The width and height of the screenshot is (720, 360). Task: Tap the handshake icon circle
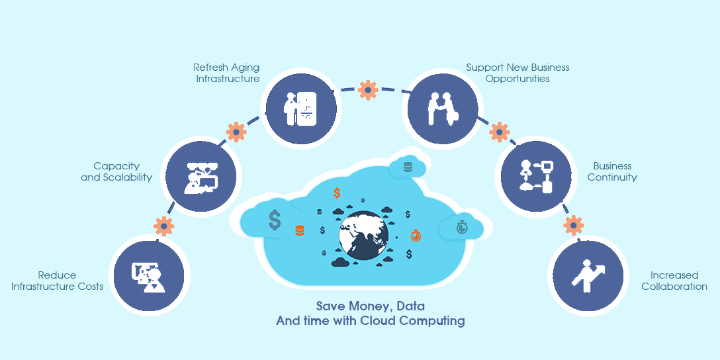coord(441,107)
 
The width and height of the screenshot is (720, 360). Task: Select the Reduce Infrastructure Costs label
coord(57,281)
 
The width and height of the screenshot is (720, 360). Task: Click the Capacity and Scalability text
coord(116,171)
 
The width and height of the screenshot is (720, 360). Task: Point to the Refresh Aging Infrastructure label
coord(226,73)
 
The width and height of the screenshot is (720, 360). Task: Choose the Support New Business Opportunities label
coord(517,73)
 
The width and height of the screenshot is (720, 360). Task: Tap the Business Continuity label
coord(612,171)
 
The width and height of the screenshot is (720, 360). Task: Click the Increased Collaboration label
coord(674,281)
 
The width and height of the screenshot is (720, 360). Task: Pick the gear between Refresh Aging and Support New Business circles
coord(367,89)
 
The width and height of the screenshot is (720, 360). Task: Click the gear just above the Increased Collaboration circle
coord(573,225)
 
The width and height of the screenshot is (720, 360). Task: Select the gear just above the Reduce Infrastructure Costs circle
coord(163,226)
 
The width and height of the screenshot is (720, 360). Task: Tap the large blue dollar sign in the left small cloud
coord(275,219)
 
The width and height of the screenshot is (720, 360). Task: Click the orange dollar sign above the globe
coord(337,193)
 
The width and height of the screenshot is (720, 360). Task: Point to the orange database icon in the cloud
coord(300,231)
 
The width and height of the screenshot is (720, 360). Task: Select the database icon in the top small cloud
coord(407,167)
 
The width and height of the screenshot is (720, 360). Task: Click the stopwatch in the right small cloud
coord(462,228)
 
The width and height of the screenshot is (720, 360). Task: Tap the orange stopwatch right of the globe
coord(416,235)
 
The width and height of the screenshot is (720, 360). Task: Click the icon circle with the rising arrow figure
coord(587,276)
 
